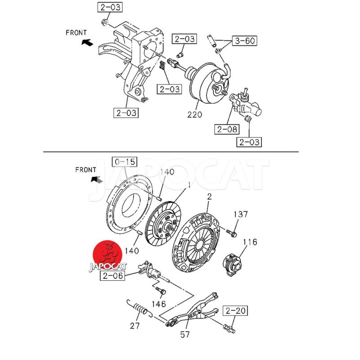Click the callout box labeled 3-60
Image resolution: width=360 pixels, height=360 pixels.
tap(244, 41)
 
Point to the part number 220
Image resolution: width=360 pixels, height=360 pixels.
tap(195, 114)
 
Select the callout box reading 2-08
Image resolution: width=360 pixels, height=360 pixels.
tap(226, 130)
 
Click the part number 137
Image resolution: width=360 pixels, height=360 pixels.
tap(240, 214)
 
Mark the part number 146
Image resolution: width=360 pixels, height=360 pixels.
tap(159, 304)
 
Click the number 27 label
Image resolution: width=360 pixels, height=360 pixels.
tap(135, 325)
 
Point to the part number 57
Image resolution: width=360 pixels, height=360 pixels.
tap(185, 334)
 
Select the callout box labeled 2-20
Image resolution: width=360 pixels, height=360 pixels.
tap(234, 310)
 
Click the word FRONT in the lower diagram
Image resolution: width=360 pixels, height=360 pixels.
tap(85, 170)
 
